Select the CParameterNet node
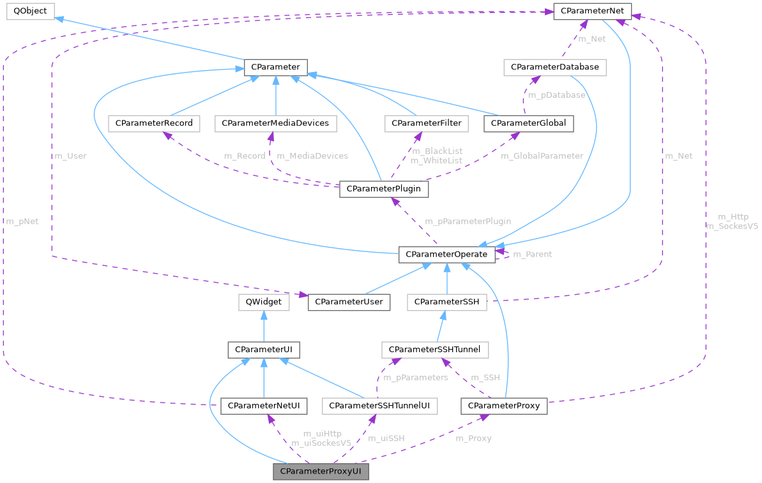point(592,11)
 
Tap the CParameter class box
point(276,67)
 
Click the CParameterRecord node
point(154,123)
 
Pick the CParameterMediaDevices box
point(275,123)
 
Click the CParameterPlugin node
point(384,189)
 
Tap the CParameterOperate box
point(446,254)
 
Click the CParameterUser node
point(349,302)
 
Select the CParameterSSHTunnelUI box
point(380,405)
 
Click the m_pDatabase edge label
point(556,95)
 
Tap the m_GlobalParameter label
point(542,156)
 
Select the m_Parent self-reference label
point(533,254)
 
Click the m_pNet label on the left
point(22,221)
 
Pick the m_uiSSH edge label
point(386,438)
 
